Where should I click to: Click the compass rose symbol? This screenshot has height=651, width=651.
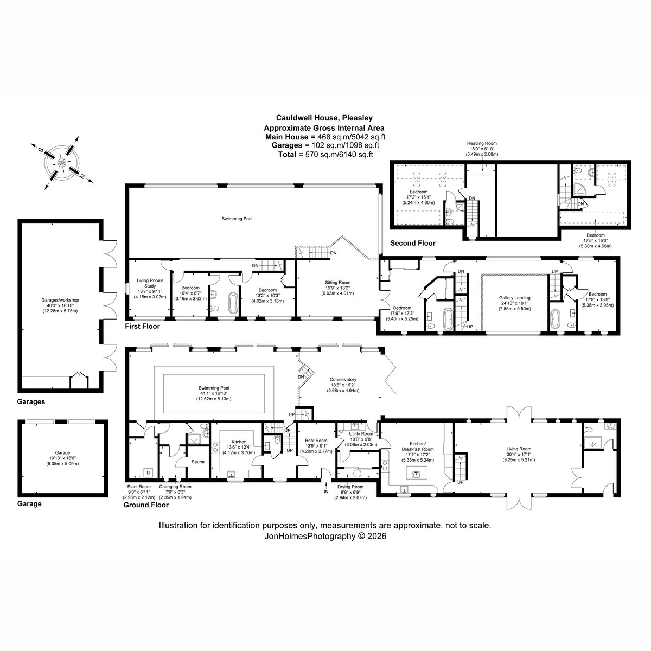62,163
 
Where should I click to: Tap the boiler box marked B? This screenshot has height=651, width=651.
148,472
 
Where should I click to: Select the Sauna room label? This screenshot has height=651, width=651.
197,462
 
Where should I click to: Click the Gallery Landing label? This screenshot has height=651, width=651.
514,298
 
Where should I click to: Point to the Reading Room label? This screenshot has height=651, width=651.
482,143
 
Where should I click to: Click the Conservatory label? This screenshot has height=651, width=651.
343,379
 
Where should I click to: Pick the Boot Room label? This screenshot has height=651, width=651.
316,440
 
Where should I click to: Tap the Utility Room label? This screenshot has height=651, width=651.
361,434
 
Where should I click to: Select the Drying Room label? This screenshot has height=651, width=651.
350,487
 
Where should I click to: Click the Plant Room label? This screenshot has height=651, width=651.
139,487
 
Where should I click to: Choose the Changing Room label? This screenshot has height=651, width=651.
175,487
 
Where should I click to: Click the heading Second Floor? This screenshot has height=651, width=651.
413,243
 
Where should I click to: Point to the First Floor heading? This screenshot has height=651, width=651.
142,327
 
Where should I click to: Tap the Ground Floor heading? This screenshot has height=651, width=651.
146,505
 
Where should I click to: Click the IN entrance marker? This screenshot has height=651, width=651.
326,492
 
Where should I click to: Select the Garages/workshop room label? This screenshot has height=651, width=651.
60,300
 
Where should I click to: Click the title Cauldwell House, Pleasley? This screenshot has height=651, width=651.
324,118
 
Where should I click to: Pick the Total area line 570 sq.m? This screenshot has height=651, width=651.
325,155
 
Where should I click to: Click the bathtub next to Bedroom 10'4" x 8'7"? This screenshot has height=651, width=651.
233,303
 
